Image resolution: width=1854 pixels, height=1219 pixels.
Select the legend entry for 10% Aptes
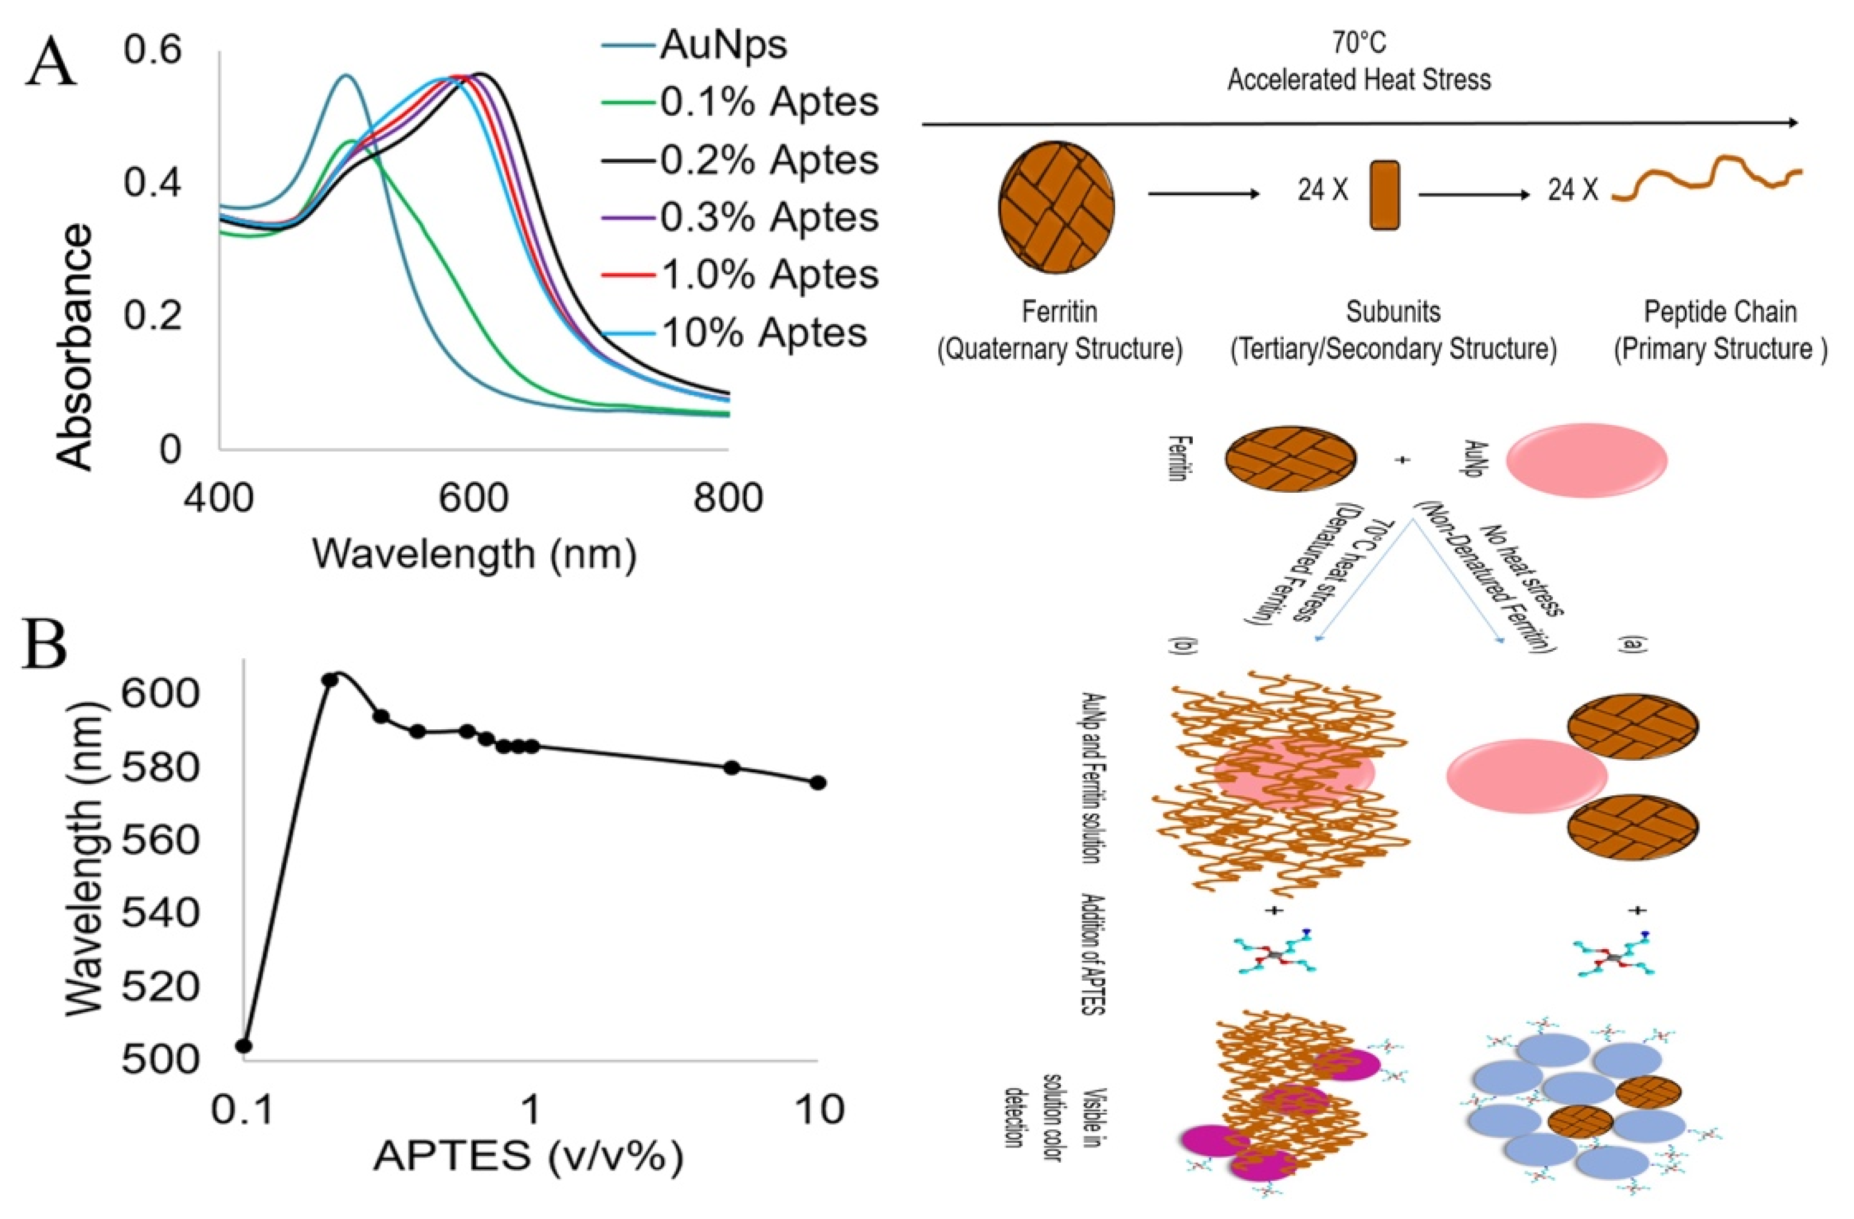764,333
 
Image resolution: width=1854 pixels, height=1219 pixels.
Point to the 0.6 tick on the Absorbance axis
152,51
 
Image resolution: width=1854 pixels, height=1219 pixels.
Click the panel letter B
45,643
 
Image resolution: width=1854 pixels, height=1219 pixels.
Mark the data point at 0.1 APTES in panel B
244,1045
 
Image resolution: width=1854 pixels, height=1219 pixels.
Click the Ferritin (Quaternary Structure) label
1059,330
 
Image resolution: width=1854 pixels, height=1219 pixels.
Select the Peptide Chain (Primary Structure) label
1719,330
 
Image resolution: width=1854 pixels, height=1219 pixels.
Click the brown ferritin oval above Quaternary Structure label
1057,205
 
